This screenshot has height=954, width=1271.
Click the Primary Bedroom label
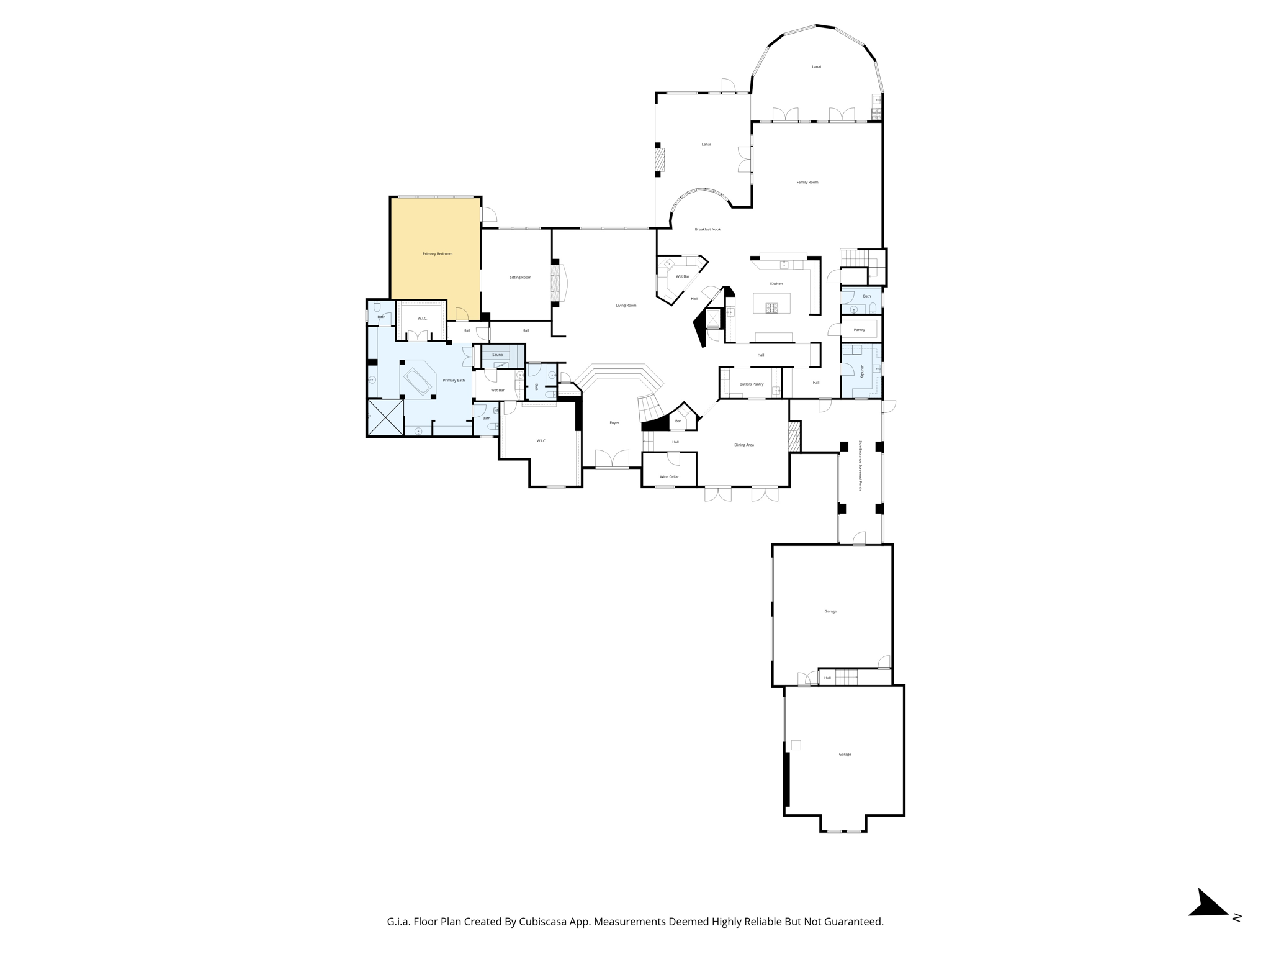[x=438, y=254]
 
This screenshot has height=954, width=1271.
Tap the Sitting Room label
[x=520, y=278]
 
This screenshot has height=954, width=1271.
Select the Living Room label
[x=626, y=306]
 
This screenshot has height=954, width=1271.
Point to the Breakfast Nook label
[x=707, y=230]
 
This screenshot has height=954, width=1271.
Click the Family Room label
[x=807, y=183]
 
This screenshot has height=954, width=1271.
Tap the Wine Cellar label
[x=669, y=477]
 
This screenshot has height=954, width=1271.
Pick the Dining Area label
[x=744, y=445]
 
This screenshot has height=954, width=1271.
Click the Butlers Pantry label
[x=752, y=384]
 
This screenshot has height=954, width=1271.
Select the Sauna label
[x=497, y=355]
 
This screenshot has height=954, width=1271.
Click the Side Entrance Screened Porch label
[x=860, y=466]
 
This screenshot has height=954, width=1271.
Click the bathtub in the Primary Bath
[x=418, y=381]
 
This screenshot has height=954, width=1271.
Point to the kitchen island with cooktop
[x=771, y=304]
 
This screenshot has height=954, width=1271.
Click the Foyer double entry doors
[x=612, y=460]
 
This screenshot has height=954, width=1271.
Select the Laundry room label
[x=862, y=371]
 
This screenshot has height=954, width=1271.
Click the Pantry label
[x=859, y=330]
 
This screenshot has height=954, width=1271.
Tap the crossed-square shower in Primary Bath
[x=385, y=417]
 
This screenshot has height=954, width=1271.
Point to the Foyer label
[x=614, y=423]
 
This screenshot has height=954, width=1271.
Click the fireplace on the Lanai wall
[x=660, y=160]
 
